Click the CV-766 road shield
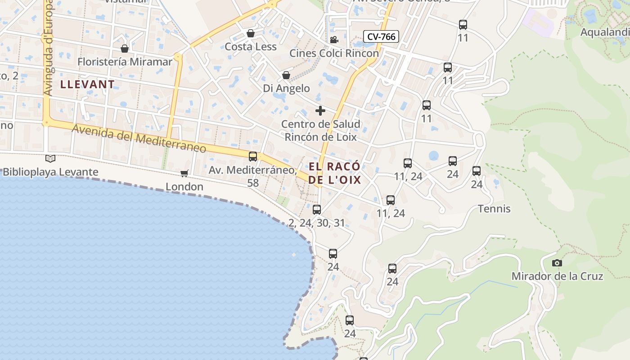[x=381, y=36]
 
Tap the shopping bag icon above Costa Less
[x=251, y=33]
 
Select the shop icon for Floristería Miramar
[x=125, y=48]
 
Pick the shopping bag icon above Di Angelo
[x=286, y=75]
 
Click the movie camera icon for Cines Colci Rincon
[x=334, y=40]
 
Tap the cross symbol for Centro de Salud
[x=320, y=111]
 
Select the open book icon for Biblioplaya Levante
[x=50, y=158]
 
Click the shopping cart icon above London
[x=184, y=173]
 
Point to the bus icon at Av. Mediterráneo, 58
[x=253, y=156]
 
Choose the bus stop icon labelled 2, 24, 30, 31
[x=317, y=209]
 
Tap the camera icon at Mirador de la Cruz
[x=557, y=263]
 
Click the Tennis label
[x=494, y=209]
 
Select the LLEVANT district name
[x=87, y=84]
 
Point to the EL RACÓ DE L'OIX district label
[x=335, y=173]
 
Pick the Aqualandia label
[x=605, y=32]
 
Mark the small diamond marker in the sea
[x=294, y=255]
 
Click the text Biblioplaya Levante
[x=50, y=172]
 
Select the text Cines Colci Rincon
[x=334, y=53]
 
